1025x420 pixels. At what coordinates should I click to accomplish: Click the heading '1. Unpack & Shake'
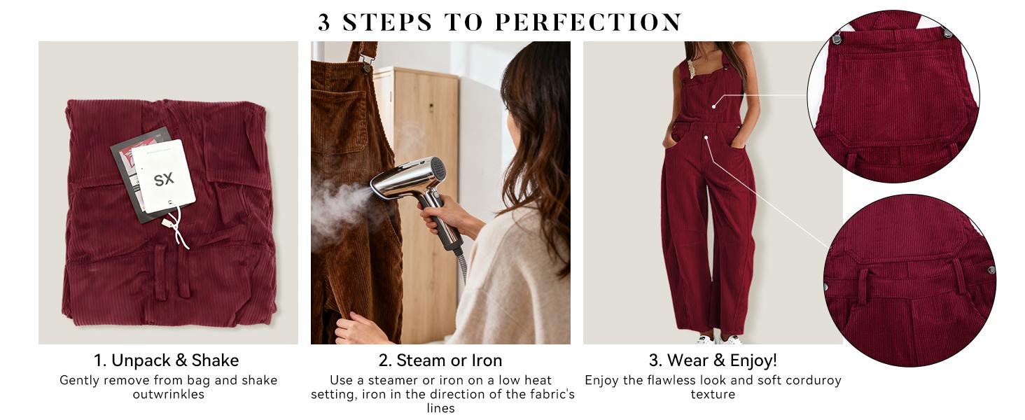pos(167,360)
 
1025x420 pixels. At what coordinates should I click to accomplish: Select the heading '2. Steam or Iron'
pos(440,360)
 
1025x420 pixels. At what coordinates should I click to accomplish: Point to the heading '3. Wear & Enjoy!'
pos(713,360)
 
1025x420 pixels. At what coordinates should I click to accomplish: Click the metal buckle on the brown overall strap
pos(364,66)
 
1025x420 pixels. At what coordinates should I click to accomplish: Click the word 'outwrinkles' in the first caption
pos(169,394)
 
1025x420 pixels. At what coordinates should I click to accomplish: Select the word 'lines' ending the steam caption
pos(440,408)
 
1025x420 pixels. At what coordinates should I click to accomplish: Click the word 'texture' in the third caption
pos(713,394)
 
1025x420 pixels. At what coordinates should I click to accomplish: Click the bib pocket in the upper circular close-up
pos(893,91)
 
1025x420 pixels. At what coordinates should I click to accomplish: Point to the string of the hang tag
pos(175,224)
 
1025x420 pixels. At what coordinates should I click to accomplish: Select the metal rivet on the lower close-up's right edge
pos(991,269)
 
